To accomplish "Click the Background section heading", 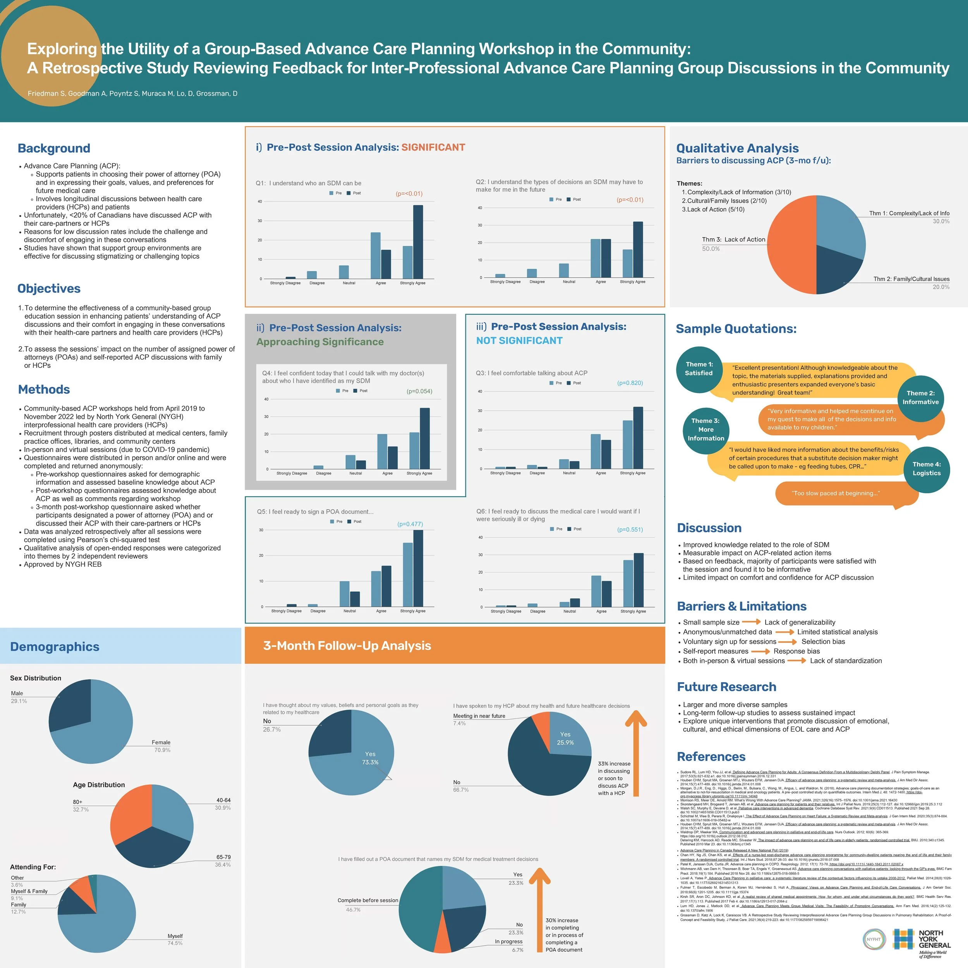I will tap(54, 148).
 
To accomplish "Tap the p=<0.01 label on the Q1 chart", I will tap(409, 193).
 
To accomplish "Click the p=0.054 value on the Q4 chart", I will tap(419, 391).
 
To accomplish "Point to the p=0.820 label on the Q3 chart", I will tap(630, 383).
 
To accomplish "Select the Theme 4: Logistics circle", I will tap(927, 469).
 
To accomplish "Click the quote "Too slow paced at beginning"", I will tap(836, 494).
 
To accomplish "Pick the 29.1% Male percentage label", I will tap(19, 701).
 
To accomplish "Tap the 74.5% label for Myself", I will tap(175, 943).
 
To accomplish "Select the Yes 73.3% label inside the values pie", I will tap(370, 758).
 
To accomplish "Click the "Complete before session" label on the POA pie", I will tap(368, 900).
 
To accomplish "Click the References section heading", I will tap(711, 757).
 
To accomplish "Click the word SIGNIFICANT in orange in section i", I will tap(433, 147).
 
